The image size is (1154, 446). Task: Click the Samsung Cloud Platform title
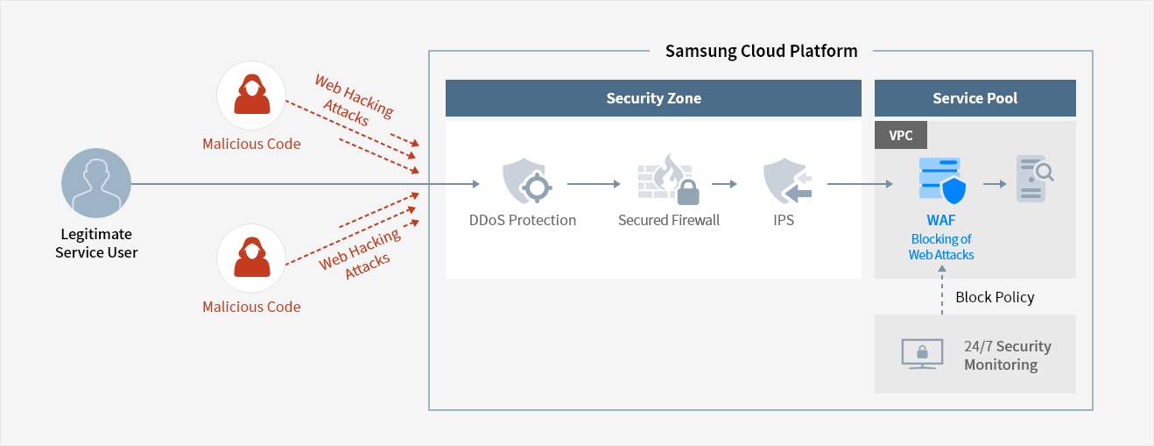[x=761, y=51]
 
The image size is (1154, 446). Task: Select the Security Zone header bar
[x=653, y=98]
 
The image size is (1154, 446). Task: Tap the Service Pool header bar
[x=975, y=98]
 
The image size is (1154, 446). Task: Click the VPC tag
[x=900, y=135]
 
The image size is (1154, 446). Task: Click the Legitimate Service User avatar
[x=96, y=184]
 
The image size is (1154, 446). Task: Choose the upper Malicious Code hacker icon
[x=251, y=96]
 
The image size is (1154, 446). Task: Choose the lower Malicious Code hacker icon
[x=251, y=258]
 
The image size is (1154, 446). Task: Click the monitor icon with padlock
[x=922, y=354]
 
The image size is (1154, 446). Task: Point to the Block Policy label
[x=995, y=297]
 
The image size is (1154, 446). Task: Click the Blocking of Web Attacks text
[x=941, y=246]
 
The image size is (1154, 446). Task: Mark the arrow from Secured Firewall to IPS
[x=723, y=184]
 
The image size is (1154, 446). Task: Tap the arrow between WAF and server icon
[x=994, y=184]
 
